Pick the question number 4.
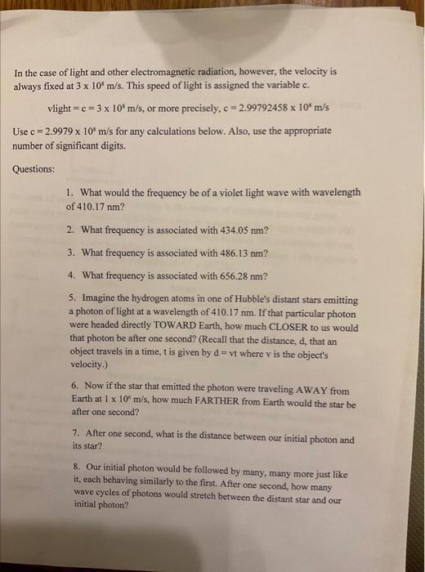click(73, 275)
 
